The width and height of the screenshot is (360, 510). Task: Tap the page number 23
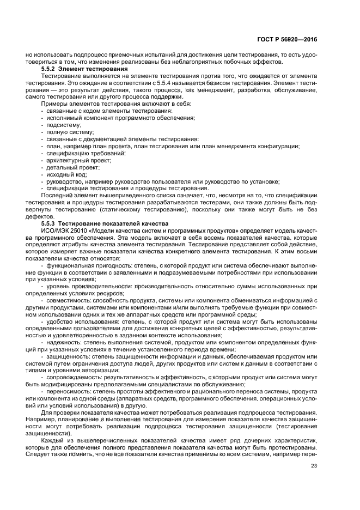tap(314, 465)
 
